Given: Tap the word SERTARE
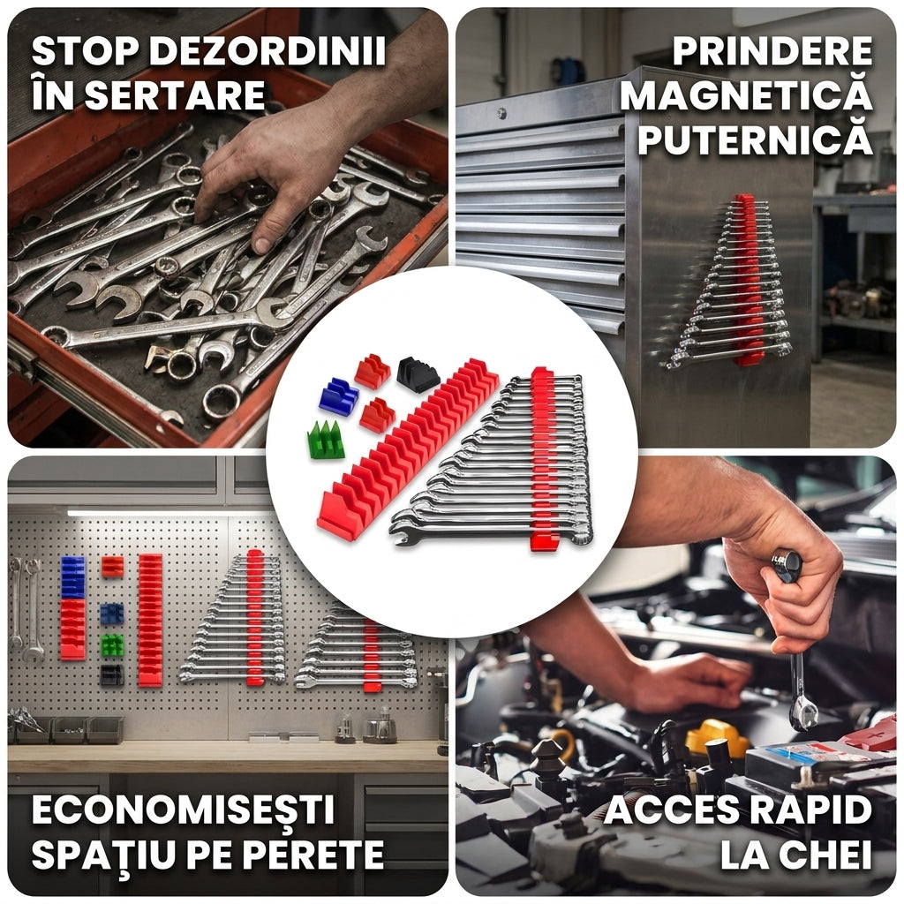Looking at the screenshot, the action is pos(175,95).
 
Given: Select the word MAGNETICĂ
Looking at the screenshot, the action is pos(746,95).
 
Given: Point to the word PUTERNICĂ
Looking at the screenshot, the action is pos(755,140).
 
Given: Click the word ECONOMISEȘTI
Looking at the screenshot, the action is pos(183,810).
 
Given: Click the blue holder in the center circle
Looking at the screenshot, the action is pos(338,396).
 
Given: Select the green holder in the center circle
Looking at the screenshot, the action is pos(326,440).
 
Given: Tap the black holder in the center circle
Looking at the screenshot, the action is pos(418,374).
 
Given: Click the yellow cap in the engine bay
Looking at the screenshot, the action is pos(717,736).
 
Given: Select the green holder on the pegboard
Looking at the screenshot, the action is pos(112,644).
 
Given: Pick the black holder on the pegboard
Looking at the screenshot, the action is pos(112,675).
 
